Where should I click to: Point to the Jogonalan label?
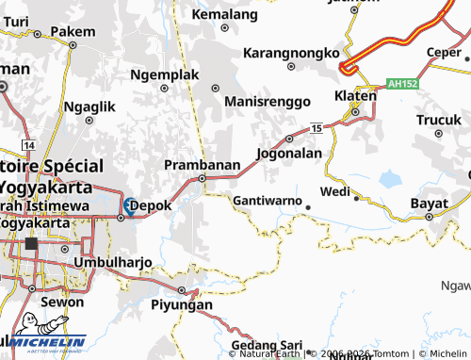pos(289,152)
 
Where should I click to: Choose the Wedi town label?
pos(334,191)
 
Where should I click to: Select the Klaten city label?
pos(355,97)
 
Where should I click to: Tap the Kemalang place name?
pos(224,15)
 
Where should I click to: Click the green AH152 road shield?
pos(399,84)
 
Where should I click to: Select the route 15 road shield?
pos(317,127)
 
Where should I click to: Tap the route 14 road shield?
pos(30,146)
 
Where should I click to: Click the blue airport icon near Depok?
pos(128,205)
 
